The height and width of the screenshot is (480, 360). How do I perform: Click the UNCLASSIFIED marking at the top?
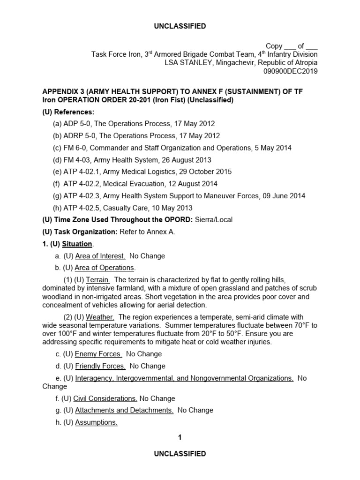(x=180, y=26)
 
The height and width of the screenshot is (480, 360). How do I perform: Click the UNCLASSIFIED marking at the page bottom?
(x=180, y=453)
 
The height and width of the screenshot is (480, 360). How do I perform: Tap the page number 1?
(x=180, y=437)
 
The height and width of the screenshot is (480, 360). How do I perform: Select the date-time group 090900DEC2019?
(x=291, y=71)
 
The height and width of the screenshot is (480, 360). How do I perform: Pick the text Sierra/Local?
(x=213, y=220)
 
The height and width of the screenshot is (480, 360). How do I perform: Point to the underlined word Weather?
(x=100, y=317)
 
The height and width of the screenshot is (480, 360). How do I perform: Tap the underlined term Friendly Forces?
(x=100, y=366)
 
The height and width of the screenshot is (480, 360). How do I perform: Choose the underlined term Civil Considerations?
(x=105, y=398)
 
